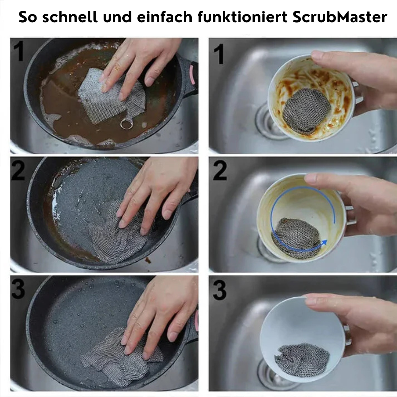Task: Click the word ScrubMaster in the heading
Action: point(340,17)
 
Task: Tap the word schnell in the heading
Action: point(70,17)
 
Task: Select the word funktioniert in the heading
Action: point(242,17)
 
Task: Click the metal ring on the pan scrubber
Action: point(127,124)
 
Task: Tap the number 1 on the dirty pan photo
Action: point(19,51)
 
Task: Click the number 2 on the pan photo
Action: point(18,170)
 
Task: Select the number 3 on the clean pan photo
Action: point(18,289)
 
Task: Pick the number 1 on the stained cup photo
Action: point(219,54)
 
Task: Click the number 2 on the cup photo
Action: point(220,171)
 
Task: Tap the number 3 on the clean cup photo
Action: point(219,291)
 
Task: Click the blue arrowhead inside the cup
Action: point(324,243)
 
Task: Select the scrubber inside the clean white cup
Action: point(302,360)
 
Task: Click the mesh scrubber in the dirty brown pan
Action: point(112,96)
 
